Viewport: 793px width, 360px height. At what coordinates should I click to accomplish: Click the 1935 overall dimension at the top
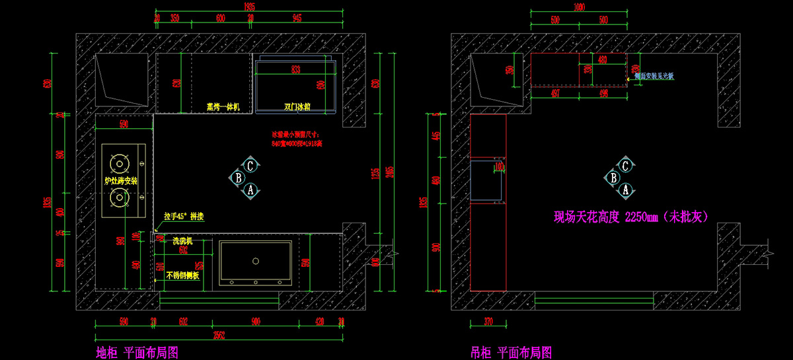(249, 6)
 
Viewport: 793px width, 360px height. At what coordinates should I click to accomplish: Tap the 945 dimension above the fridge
(297, 18)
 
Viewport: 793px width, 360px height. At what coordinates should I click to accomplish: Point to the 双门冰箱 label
(297, 106)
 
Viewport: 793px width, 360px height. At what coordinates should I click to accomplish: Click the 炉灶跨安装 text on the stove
(121, 180)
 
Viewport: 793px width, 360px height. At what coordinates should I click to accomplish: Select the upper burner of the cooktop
(120, 162)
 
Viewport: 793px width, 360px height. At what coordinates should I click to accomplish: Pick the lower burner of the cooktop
(120, 196)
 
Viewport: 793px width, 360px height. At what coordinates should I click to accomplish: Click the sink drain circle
(255, 261)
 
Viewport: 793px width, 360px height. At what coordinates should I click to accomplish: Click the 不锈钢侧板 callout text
(183, 275)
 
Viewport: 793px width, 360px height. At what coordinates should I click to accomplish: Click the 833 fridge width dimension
(295, 69)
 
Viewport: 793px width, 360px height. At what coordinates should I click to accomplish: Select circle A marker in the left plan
(250, 190)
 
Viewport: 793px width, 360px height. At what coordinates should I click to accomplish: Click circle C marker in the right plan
(625, 165)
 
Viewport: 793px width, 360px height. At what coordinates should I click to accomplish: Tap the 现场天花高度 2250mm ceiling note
(630, 216)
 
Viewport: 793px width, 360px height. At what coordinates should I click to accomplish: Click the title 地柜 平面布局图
(137, 352)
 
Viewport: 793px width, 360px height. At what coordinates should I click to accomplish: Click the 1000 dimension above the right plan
(580, 7)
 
